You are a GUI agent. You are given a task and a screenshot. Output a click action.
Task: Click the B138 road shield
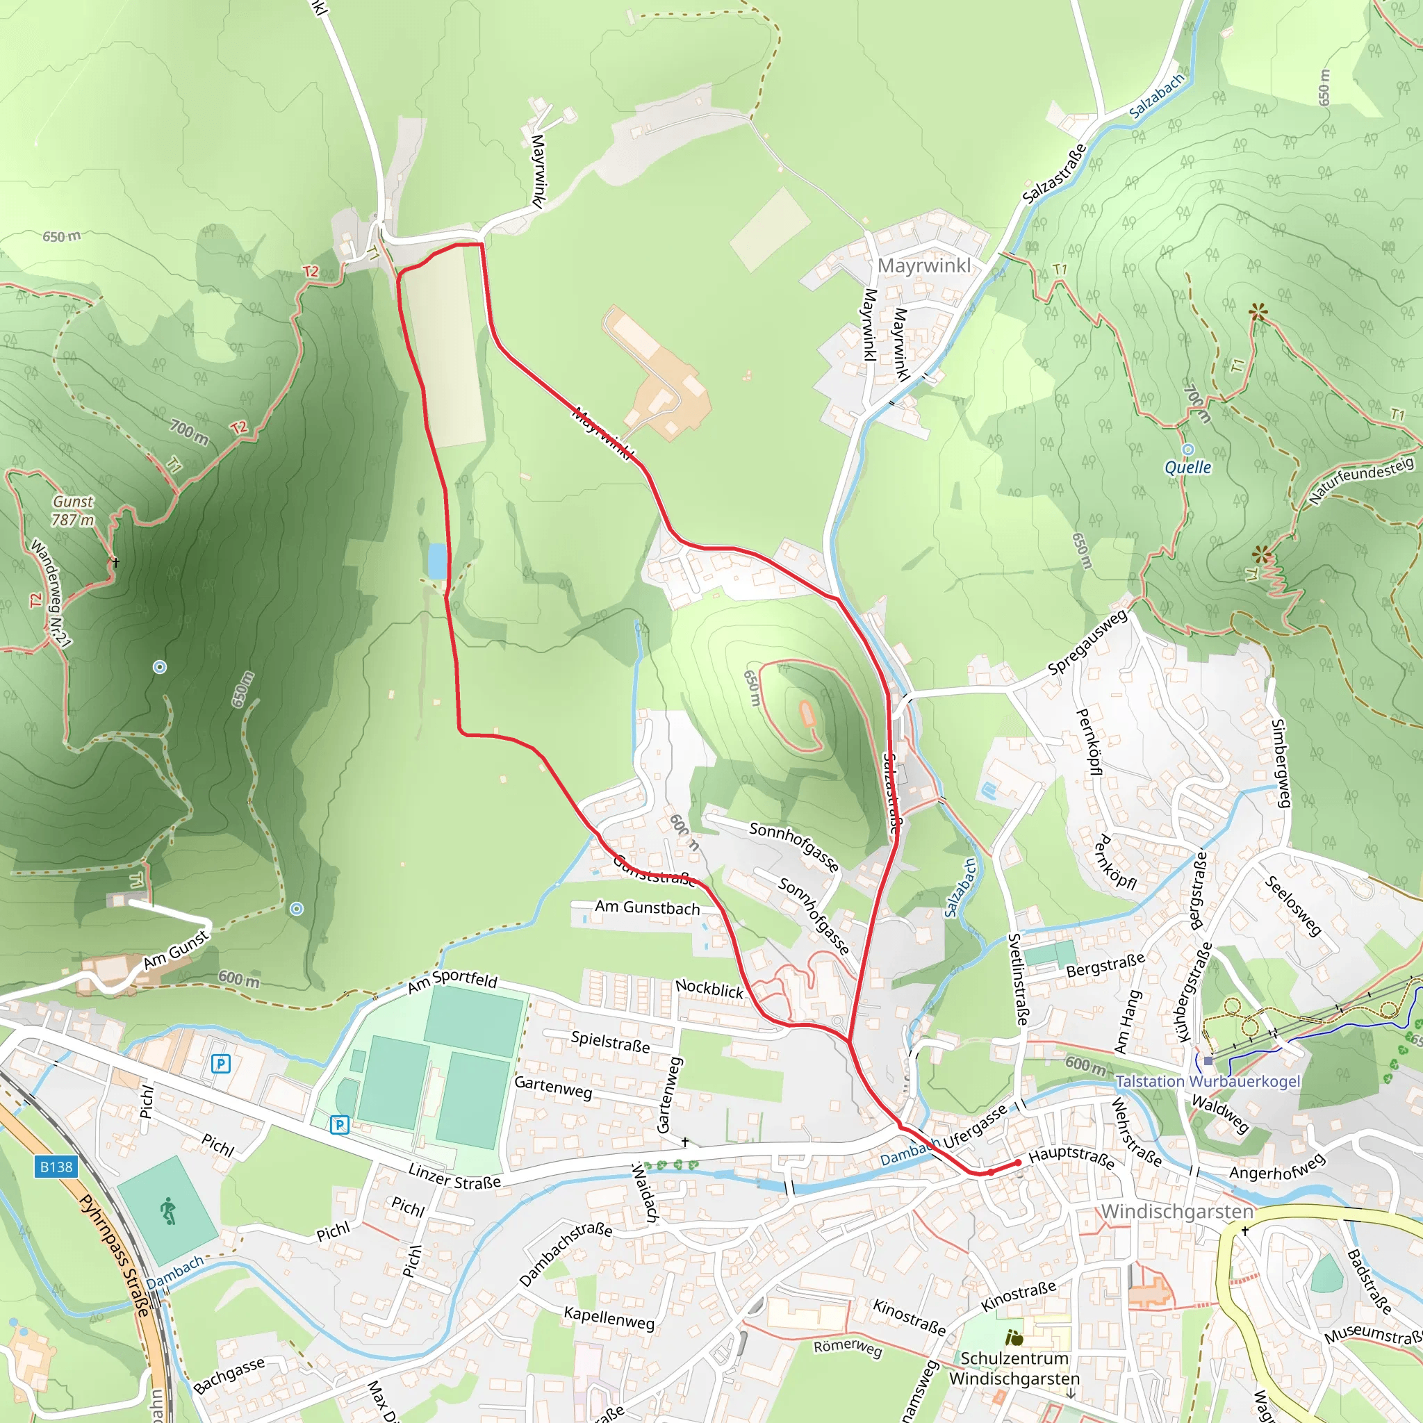pyautogui.click(x=56, y=1167)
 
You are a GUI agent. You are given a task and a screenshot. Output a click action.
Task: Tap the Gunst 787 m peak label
pyautogui.click(x=73, y=511)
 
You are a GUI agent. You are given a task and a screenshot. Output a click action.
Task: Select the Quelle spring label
pyautogui.click(x=1187, y=467)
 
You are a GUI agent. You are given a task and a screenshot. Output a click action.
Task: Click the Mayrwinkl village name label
pyautogui.click(x=923, y=265)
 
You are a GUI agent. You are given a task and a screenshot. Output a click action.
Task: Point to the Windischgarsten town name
pyautogui.click(x=1176, y=1211)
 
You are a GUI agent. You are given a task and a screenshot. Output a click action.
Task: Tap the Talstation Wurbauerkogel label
pyautogui.click(x=1208, y=1081)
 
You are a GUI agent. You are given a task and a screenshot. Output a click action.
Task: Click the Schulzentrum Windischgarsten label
pyautogui.click(x=1014, y=1367)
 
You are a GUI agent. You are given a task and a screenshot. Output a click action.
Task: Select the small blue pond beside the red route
pyautogui.click(x=437, y=561)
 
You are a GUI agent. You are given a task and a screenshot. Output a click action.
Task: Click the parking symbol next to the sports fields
pyautogui.click(x=339, y=1125)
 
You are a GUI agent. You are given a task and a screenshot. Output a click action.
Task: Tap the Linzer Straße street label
pyautogui.click(x=454, y=1176)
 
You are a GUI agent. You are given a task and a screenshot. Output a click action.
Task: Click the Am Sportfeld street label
pyautogui.click(x=453, y=982)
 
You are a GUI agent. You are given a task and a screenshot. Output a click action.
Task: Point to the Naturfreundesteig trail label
pyautogui.click(x=1361, y=480)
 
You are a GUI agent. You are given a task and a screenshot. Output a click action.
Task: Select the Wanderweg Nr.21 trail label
pyautogui.click(x=50, y=593)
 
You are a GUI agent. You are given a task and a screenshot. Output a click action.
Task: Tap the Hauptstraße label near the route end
pyautogui.click(x=1071, y=1157)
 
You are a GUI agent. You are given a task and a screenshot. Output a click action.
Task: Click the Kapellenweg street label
pyautogui.click(x=609, y=1317)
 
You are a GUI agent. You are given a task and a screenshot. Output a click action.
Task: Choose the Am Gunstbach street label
pyautogui.click(x=648, y=908)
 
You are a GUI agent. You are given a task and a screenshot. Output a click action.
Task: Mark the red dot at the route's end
pyautogui.click(x=1018, y=1162)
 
